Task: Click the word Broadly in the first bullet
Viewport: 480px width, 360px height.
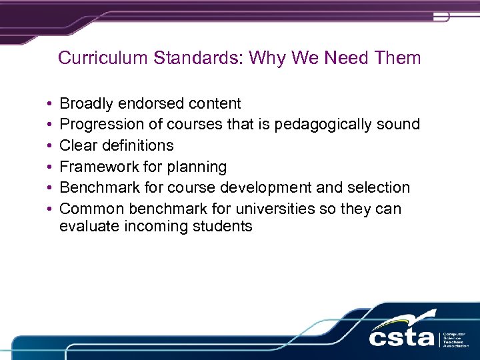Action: click(86, 103)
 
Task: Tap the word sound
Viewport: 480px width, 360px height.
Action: click(399, 124)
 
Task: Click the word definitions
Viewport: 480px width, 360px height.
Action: click(137, 145)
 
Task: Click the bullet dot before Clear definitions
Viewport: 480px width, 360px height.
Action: click(50, 146)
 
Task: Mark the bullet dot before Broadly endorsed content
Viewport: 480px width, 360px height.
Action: click(50, 104)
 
